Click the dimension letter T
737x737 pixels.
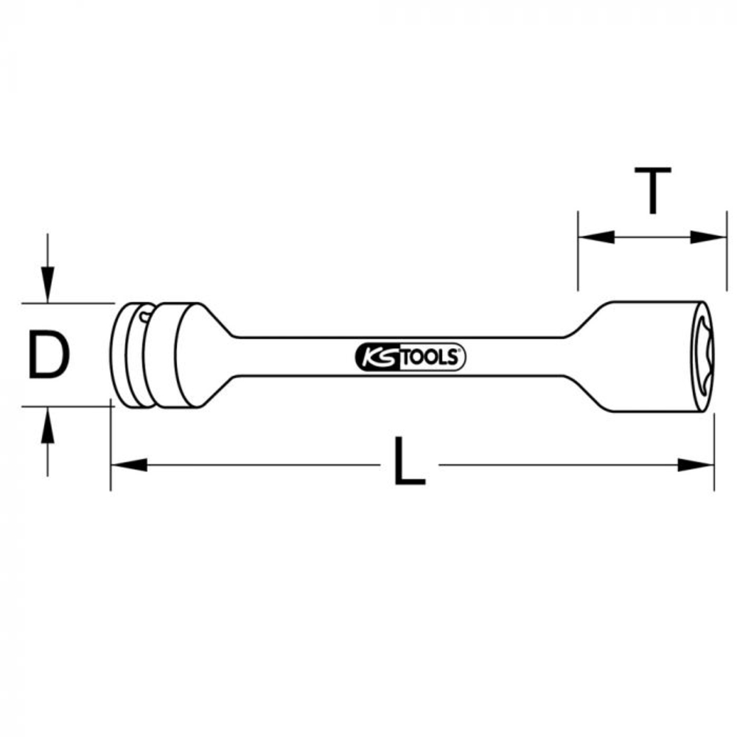pyautogui.click(x=652, y=191)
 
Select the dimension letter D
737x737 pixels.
pyautogui.click(x=49, y=354)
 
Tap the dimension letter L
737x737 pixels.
pyautogui.click(x=409, y=462)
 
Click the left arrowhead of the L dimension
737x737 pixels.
pyautogui.click(x=129, y=465)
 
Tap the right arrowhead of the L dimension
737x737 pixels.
pyautogui.click(x=696, y=465)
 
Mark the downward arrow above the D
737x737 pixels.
pyautogui.click(x=47, y=284)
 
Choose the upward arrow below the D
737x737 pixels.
pyautogui.click(x=47, y=426)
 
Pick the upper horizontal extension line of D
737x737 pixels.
pyautogui.click(x=66, y=302)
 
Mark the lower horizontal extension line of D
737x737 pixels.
pyautogui.click(x=66, y=405)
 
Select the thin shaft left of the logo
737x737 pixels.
pyautogui.click(x=295, y=357)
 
